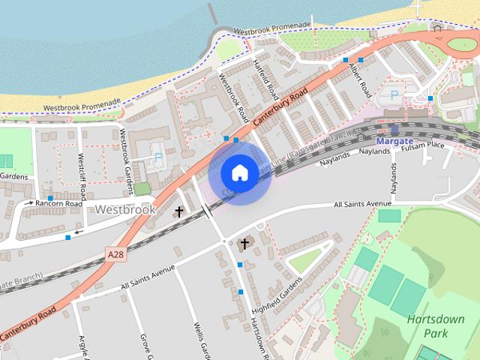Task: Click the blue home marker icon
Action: [239, 173]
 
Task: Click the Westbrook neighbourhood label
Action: [126, 210]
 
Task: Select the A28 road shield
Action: [115, 255]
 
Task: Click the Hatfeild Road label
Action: [266, 79]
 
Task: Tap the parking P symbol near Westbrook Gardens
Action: [157, 158]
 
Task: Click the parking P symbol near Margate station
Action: [395, 95]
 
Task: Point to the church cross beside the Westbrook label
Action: [178, 212]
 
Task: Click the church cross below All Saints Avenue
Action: [244, 244]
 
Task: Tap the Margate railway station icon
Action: [405, 128]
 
